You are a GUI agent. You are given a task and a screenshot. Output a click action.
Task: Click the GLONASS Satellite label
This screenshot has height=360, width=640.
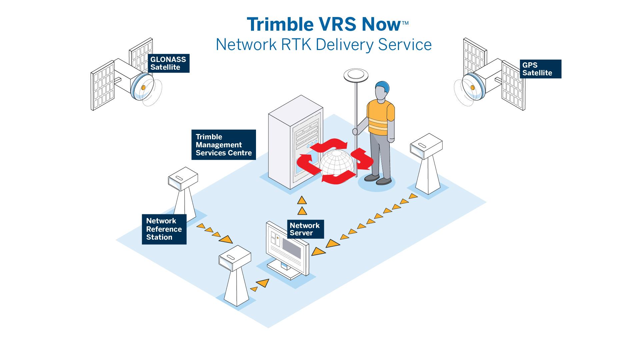[x=169, y=63]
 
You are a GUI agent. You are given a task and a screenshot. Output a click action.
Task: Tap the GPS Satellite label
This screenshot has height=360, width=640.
[x=540, y=69]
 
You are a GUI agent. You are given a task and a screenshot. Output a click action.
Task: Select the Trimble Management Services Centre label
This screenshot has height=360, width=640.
[x=223, y=145]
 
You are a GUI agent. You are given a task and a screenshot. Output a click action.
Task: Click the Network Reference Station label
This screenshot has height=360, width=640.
[x=164, y=229]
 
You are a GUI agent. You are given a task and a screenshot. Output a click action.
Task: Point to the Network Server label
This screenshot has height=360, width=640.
[x=305, y=229]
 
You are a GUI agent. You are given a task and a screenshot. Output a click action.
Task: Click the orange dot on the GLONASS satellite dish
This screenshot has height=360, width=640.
[x=143, y=88]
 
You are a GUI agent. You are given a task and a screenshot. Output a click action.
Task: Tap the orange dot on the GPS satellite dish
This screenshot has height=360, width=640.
[x=472, y=88]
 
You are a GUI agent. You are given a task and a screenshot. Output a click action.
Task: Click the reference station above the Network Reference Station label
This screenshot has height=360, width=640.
[x=183, y=193]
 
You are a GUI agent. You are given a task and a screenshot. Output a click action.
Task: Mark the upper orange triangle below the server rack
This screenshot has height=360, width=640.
[x=302, y=200]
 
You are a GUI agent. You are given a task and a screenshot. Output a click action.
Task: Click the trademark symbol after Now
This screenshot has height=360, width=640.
[x=405, y=23]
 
